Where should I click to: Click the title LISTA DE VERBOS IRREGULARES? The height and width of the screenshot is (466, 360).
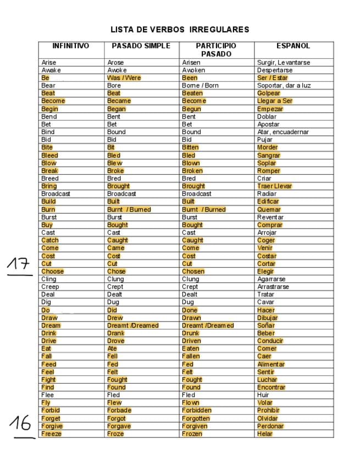pos(180,30)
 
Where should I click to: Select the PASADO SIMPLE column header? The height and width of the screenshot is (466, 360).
pos(141,46)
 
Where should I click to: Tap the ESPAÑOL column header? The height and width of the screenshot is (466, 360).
pos(293,46)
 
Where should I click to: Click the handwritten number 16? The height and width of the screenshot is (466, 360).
pos(20,423)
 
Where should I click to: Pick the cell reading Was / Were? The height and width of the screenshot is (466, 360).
pos(124,78)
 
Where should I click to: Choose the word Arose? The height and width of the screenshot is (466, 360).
pos(115,63)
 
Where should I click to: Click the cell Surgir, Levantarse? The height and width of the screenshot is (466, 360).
pos(283,63)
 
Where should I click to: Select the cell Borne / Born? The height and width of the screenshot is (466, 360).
pos(200,86)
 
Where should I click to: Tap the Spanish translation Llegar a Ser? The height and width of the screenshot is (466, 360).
pos(275,101)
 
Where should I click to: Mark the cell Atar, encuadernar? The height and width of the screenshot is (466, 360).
pos(283,132)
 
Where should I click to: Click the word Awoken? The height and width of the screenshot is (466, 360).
pos(193,70)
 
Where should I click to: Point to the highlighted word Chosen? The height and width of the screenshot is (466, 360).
pos(193,271)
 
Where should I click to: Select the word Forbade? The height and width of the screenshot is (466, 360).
pos(119,410)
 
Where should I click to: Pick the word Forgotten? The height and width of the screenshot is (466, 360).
pos(196,418)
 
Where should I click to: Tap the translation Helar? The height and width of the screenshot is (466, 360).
pos(264,434)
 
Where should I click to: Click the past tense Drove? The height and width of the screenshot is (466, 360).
pos(115,341)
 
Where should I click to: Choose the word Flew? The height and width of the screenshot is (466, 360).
pos(114,403)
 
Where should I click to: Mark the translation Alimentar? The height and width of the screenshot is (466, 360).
pos(270,364)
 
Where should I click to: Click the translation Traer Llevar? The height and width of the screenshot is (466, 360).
pos(274,186)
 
